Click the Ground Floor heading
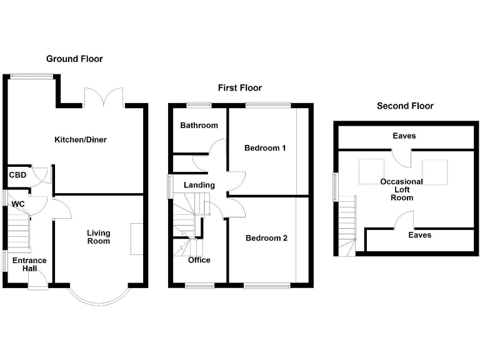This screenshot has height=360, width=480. coord(74,59)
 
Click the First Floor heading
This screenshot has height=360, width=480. coord(240,88)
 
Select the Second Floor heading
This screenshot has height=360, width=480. coord(405,106)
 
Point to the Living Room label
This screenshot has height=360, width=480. coord(98,237)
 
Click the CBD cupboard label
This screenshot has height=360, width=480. coord(17,175)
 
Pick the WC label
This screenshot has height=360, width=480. coord(17,204)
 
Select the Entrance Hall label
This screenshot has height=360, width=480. coord(29,264)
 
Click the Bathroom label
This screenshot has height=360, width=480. coord(199,125)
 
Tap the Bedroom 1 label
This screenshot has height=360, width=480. coord(265,148)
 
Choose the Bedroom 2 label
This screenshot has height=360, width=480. coord(266,238)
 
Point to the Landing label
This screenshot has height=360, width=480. coord(199,185)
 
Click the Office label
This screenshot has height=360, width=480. coord(199,260)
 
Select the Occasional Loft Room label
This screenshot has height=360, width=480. coord(402,189)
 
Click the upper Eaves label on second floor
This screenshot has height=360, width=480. coord(404,136)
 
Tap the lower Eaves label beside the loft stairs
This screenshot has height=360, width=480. coord(419,235)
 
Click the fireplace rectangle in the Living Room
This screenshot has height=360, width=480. coord(136,238)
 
